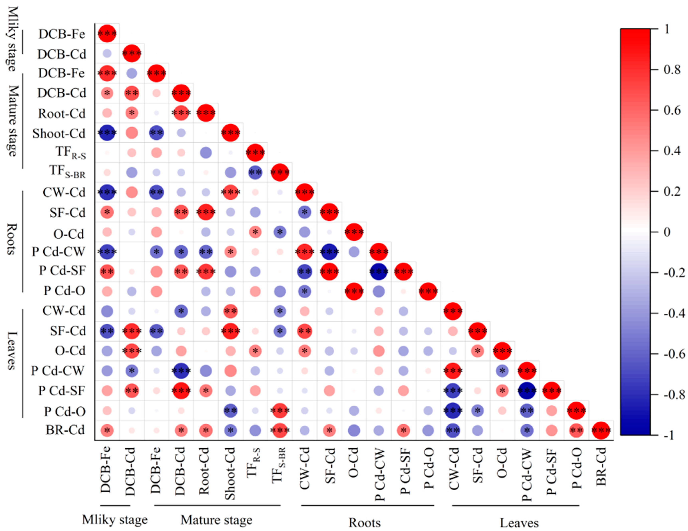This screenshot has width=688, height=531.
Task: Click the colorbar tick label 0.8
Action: point(672,70)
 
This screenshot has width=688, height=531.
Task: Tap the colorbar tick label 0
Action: point(667,232)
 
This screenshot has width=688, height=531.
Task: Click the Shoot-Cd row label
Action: point(59,134)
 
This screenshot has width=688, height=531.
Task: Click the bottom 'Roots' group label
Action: point(364,523)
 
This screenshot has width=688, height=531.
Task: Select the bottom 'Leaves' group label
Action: point(519,523)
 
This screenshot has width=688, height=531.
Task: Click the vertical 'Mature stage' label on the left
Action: point(13,121)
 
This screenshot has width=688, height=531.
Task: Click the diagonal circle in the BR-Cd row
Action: point(601,430)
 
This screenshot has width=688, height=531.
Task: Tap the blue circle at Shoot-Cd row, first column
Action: point(107,133)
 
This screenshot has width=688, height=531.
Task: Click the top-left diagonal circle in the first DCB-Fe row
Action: point(107,33)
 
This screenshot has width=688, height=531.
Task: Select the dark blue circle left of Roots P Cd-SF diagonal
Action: point(379,271)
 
